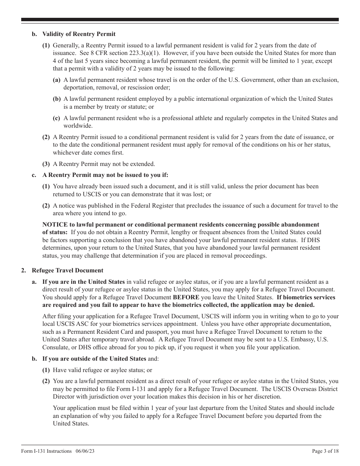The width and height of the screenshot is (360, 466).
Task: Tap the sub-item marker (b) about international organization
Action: click(x=56, y=99)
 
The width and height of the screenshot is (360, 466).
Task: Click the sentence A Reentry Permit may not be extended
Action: click(x=104, y=164)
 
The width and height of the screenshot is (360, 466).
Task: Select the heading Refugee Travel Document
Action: click(x=67, y=271)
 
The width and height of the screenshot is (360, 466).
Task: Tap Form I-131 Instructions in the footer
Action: click(x=47, y=451)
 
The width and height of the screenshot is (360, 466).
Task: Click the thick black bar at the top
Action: click(x=180, y=20)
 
